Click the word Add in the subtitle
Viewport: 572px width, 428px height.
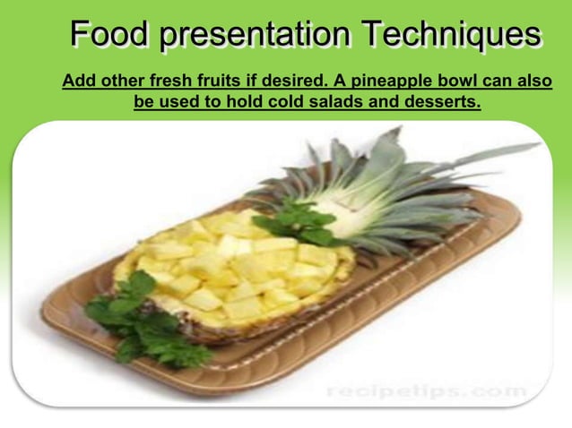[x=78, y=81]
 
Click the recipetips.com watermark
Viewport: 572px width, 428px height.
[x=425, y=391]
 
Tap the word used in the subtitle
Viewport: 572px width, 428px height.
[x=176, y=101]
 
